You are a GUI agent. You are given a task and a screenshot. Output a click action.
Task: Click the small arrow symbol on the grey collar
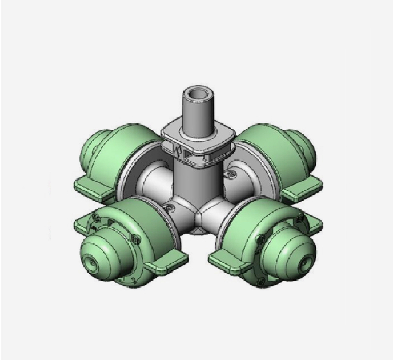point(181,153)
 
